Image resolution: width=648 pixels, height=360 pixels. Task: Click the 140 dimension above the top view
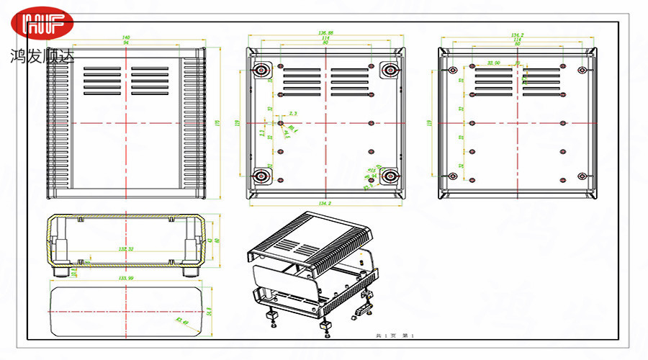pos(126,37)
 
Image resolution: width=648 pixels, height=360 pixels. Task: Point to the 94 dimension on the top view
pos(126,43)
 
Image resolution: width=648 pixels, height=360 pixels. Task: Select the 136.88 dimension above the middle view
pos(325,33)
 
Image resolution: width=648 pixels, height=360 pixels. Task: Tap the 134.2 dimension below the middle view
pos(324,204)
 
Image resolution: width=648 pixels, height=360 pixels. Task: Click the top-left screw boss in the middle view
pos(261,70)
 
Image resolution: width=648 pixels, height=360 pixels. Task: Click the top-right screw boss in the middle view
pos(390,70)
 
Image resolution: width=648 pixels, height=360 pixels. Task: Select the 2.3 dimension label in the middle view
pos(292,114)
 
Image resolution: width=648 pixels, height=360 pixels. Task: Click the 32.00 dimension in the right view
pos(494,63)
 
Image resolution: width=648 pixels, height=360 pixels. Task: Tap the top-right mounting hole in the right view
pos(582,71)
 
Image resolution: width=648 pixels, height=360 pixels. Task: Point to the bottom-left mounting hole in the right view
pos(452,176)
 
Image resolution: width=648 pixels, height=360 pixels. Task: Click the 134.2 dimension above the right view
pos(517,34)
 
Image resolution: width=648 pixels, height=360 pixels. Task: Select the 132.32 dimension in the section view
pos(127,249)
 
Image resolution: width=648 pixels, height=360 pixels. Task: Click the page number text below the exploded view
pos(390,336)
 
